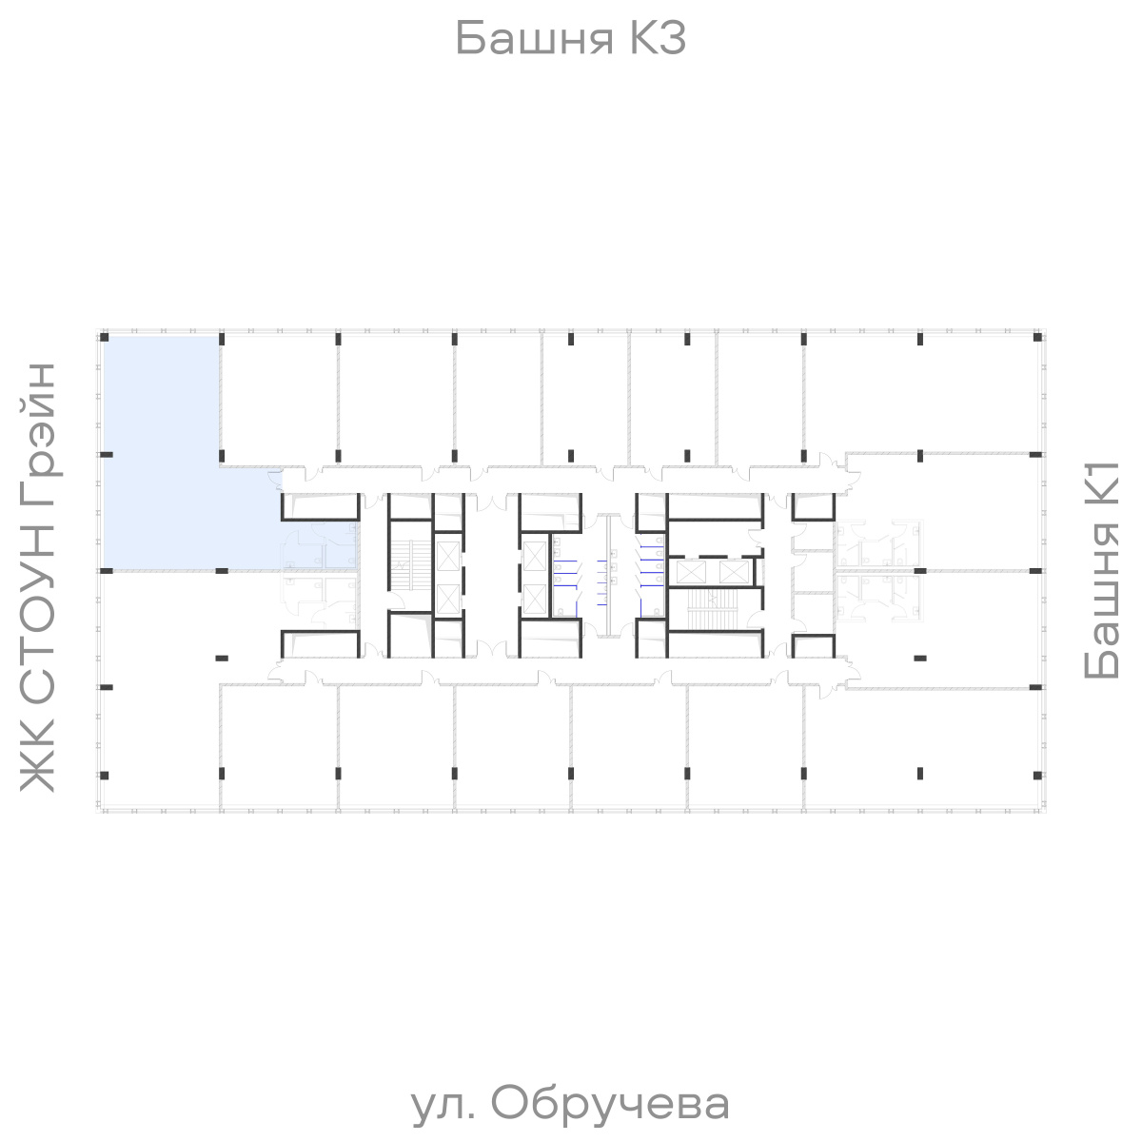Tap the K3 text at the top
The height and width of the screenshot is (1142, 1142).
click(655, 40)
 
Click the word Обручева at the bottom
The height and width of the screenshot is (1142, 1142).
click(611, 1104)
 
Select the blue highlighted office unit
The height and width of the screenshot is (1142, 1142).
click(162, 457)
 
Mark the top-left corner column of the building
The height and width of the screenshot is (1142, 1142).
click(105, 338)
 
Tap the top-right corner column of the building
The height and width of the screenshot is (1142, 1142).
click(1036, 338)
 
